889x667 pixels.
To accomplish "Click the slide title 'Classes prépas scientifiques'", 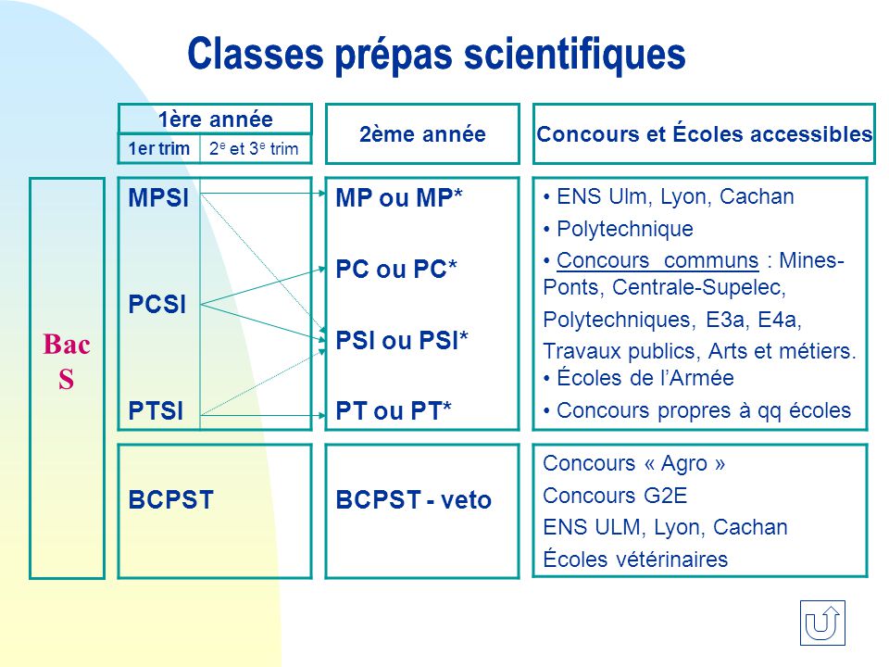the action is point(436,55).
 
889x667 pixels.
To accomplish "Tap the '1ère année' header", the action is point(216,120).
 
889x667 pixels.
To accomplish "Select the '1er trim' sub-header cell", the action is point(158,148).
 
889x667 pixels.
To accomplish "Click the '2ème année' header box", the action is point(422,133).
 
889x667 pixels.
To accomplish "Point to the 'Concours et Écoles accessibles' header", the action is point(704,133).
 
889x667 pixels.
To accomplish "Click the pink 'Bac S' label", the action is point(67,361).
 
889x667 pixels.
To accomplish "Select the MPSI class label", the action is point(158,198).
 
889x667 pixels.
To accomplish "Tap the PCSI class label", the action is point(157,305).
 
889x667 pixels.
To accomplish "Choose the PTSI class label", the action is point(156,410).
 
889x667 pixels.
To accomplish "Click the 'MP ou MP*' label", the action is point(399,198).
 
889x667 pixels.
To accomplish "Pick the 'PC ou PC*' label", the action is point(396,269).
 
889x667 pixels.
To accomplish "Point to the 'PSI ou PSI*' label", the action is point(402,340).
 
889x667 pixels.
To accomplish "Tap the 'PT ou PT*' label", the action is point(394,410).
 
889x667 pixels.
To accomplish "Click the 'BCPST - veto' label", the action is point(413,499).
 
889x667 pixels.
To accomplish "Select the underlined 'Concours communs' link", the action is point(657,260).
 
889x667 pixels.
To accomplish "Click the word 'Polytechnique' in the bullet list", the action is point(625,229).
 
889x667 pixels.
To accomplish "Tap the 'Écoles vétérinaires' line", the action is point(635,560).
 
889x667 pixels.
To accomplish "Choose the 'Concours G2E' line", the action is point(615,496).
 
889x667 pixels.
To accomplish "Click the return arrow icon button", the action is point(822,623).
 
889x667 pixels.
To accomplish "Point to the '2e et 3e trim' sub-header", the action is point(254,148).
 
